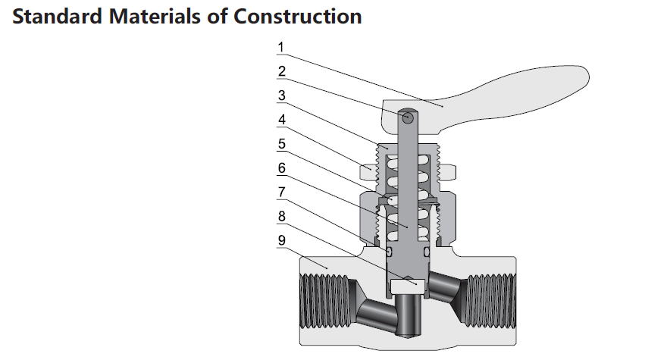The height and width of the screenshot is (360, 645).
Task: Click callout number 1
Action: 280,48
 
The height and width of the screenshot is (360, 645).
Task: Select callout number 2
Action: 280,72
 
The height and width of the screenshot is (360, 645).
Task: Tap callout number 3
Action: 280,95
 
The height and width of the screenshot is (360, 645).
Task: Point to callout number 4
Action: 280,120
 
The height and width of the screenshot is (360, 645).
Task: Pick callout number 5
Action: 280,143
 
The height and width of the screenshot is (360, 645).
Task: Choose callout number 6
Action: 280,167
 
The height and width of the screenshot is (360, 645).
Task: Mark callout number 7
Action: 280,191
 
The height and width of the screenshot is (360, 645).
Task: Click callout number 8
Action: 280,215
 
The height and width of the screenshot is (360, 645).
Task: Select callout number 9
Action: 280,239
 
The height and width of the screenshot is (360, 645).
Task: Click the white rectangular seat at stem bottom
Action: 408,286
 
